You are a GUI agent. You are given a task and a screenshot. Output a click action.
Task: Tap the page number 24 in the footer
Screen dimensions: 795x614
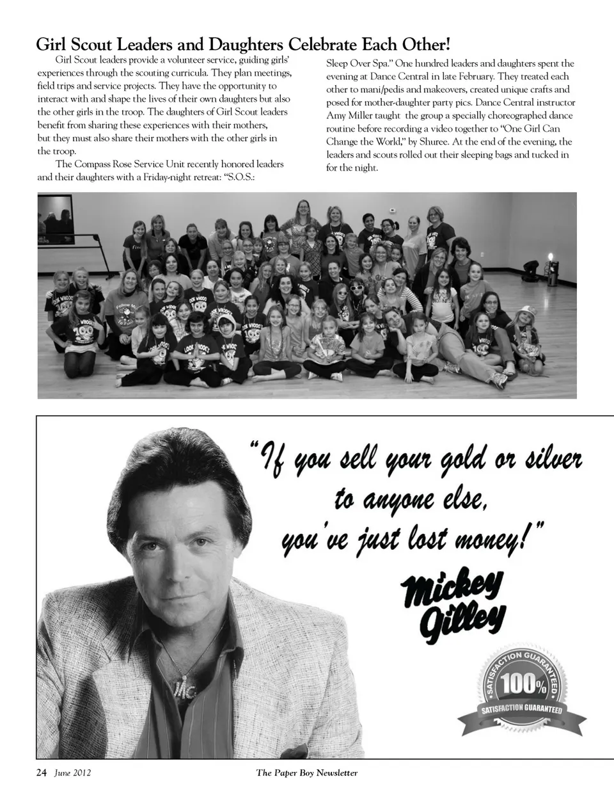pos(41,773)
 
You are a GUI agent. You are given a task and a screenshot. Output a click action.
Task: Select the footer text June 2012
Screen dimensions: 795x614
pos(72,773)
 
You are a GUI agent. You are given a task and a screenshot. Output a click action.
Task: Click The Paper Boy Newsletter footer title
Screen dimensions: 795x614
pos(307,773)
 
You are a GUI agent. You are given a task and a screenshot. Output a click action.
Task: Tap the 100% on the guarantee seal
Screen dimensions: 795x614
pos(524,684)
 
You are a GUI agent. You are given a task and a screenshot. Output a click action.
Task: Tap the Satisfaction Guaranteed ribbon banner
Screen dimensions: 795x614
pos(522,711)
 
